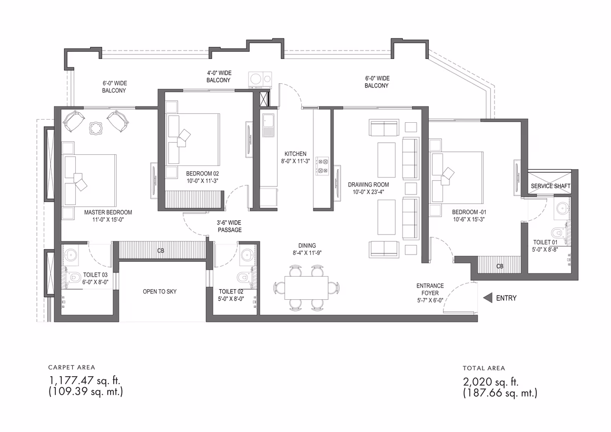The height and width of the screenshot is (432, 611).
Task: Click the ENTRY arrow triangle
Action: (487, 298)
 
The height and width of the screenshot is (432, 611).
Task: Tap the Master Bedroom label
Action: (108, 212)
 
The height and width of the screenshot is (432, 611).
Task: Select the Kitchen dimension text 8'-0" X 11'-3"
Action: (295, 161)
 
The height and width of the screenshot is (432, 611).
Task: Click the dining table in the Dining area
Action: (306, 287)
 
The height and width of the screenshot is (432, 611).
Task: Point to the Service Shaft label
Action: (550, 186)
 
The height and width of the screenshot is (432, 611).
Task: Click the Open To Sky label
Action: (160, 291)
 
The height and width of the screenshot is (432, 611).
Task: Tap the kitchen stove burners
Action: (322, 166)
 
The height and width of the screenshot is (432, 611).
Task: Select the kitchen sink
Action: (268, 125)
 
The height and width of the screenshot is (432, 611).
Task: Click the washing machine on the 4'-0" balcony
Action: (260, 79)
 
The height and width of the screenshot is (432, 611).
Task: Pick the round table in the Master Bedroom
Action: (96, 127)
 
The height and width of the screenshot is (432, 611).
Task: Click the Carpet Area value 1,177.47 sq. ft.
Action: (85, 380)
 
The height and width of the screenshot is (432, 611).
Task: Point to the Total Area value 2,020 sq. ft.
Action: (490, 381)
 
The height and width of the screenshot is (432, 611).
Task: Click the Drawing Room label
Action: (368, 184)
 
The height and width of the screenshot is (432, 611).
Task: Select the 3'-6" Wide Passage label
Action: (229, 226)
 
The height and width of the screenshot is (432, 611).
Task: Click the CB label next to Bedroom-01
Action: (499, 266)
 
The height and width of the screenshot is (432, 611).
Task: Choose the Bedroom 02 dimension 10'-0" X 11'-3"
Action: (202, 181)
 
